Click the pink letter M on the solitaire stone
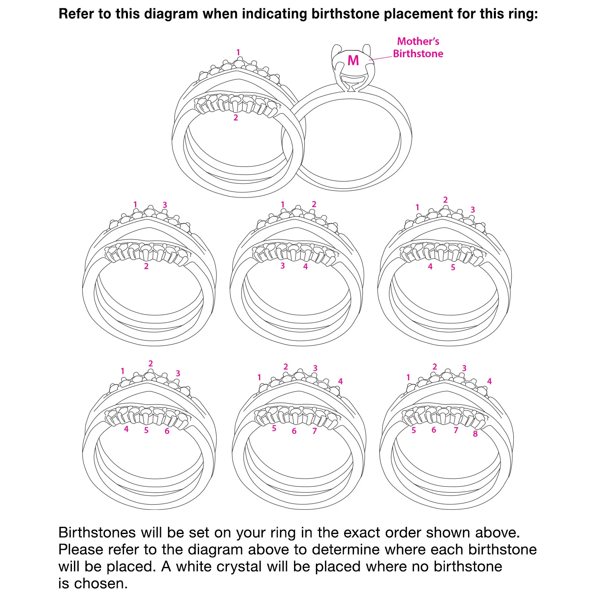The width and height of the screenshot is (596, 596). [x=353, y=60]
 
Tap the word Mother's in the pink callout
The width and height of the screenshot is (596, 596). [x=418, y=41]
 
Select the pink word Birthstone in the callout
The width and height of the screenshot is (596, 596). [x=418, y=54]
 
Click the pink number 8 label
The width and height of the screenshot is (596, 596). [x=475, y=434]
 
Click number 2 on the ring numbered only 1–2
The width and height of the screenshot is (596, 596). [x=236, y=118]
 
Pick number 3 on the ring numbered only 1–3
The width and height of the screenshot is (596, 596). [x=164, y=205]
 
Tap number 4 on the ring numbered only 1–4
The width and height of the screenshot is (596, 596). [x=306, y=267]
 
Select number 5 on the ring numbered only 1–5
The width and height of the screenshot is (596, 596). [x=453, y=267]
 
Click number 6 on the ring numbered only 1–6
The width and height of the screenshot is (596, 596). [x=167, y=431]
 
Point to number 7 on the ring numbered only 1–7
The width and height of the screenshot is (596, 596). [x=315, y=431]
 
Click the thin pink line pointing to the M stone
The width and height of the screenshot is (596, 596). [x=381, y=58]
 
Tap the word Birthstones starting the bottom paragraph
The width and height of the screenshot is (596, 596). [x=97, y=532]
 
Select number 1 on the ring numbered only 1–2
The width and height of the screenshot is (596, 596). [x=238, y=52]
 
